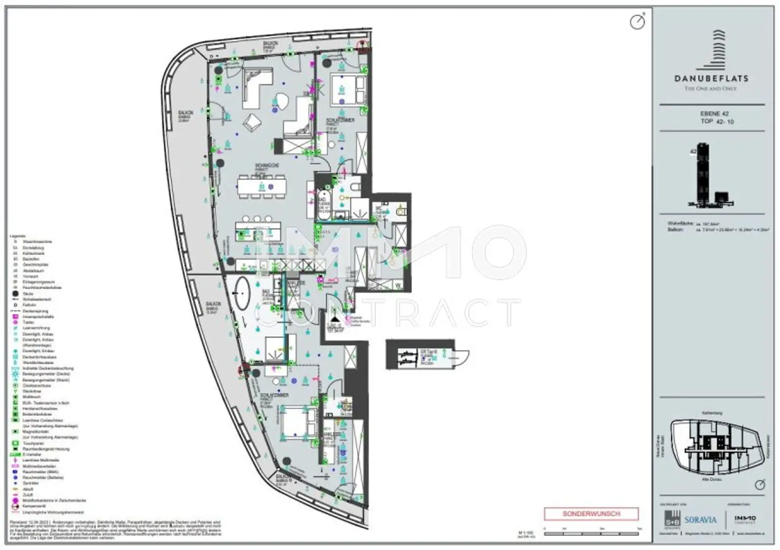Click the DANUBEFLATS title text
(711, 78)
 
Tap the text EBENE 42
(714, 114)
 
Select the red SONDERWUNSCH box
(591, 513)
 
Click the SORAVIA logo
(700, 520)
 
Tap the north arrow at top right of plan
(637, 21)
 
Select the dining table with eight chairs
(262, 186)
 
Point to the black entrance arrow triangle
(334, 312)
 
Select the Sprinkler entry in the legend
(30, 483)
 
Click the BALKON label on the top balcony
(269, 44)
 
